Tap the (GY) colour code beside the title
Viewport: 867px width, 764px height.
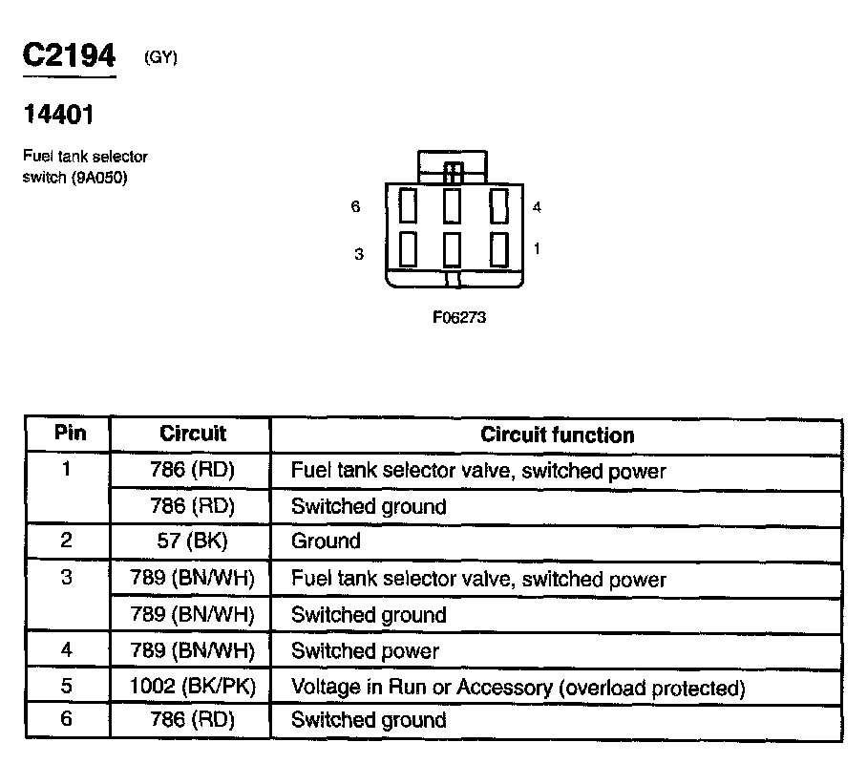(x=160, y=57)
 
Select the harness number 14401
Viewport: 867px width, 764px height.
(x=58, y=115)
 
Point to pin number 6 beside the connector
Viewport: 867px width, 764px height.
(x=356, y=206)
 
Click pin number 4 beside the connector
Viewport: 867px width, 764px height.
(x=537, y=206)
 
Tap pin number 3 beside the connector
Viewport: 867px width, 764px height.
(x=359, y=254)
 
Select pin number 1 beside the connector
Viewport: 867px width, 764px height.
(x=537, y=248)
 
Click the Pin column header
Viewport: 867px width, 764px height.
(x=70, y=434)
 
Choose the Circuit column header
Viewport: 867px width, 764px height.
(x=192, y=434)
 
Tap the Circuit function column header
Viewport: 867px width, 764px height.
(x=557, y=435)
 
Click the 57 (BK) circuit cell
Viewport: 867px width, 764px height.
(x=192, y=541)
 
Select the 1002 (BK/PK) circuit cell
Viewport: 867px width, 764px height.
(x=192, y=688)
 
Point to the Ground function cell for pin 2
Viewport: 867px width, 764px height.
(x=326, y=541)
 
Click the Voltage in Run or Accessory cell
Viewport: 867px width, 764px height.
(x=517, y=688)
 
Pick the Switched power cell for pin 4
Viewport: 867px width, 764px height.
(x=365, y=651)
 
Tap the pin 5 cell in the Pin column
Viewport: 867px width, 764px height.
(x=66, y=686)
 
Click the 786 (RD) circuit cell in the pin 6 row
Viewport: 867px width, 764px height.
(x=192, y=719)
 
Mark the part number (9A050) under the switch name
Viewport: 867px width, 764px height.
(x=99, y=178)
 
